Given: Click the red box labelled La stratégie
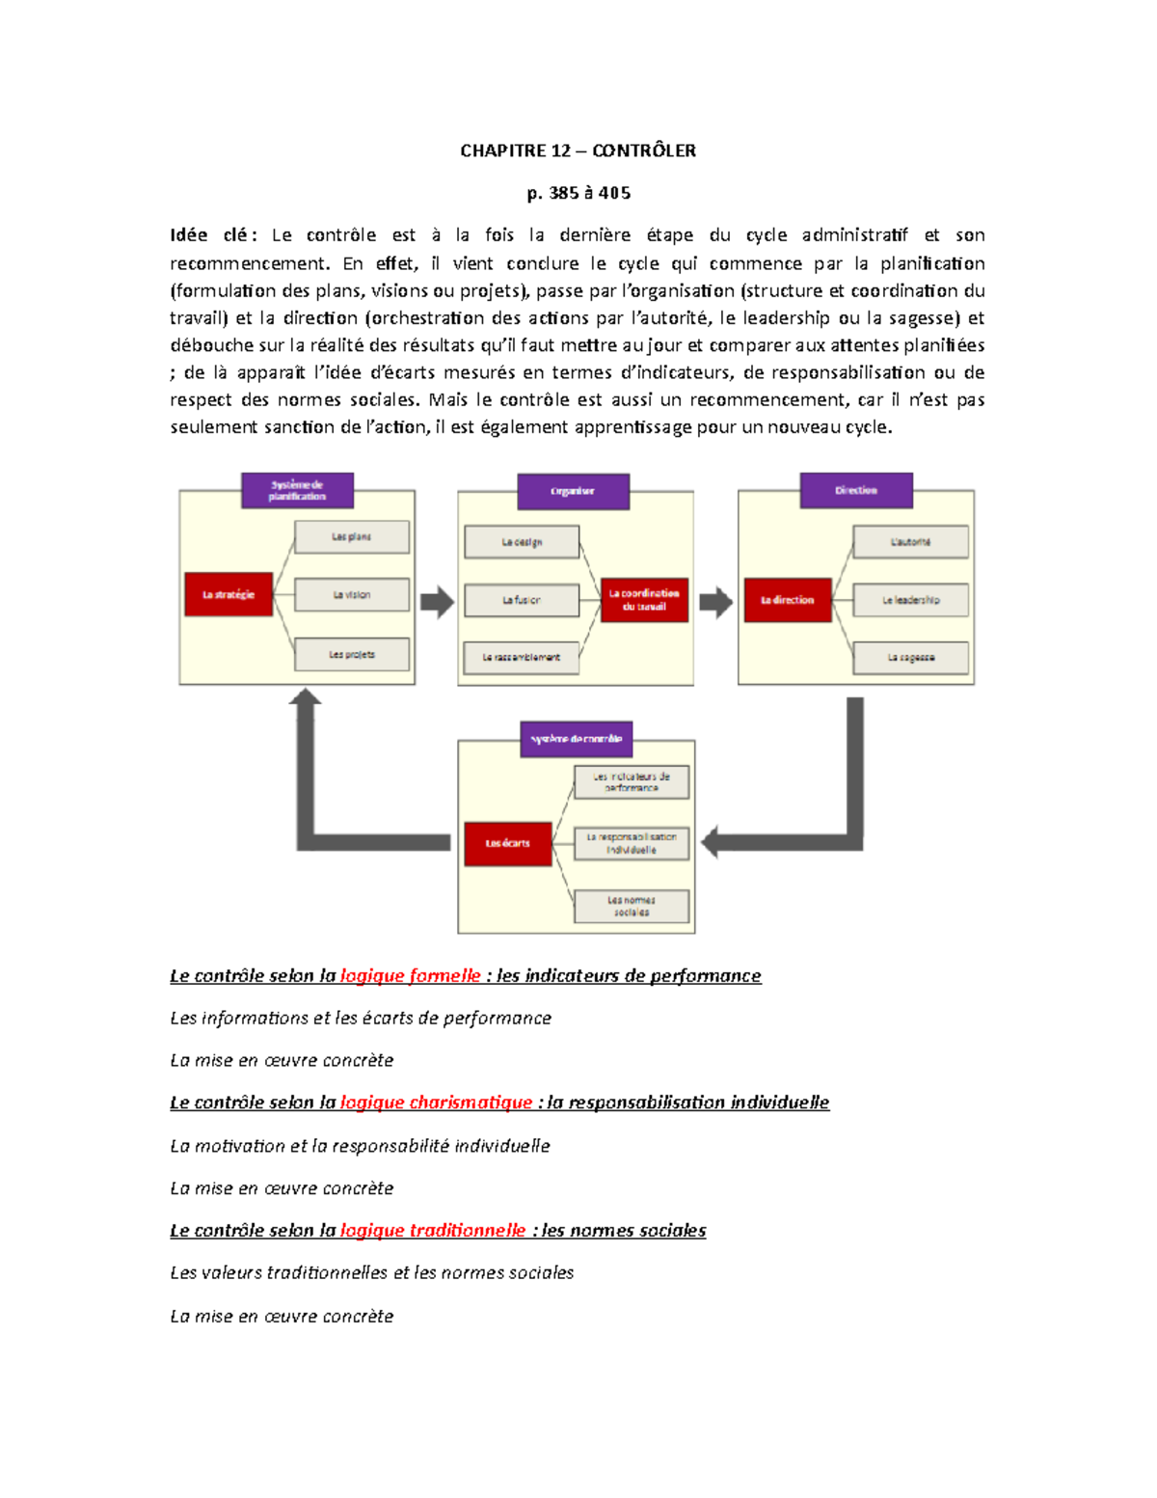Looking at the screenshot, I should point(229,594).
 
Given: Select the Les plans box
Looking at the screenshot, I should point(351,536).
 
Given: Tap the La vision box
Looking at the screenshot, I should point(351,595).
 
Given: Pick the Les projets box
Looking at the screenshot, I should point(351,654).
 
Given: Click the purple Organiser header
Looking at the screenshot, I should point(573,491).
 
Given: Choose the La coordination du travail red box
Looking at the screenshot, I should point(644,600).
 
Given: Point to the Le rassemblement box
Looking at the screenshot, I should point(521,657).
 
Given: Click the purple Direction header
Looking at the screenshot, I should point(856,490).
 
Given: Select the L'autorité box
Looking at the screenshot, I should point(910,542).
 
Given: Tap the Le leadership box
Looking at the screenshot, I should point(910,600).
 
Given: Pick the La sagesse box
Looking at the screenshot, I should point(910,657).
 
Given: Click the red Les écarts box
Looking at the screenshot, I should point(507,843).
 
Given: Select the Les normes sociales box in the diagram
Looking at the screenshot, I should point(632,906).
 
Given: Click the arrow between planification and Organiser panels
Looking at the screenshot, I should point(437,602).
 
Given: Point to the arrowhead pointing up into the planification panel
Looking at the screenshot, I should point(306,697).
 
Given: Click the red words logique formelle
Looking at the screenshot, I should point(410,975).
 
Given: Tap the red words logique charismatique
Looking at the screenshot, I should point(436,1102).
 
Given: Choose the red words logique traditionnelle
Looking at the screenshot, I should point(433,1230).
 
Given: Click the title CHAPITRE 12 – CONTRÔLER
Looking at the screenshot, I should point(578,150).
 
